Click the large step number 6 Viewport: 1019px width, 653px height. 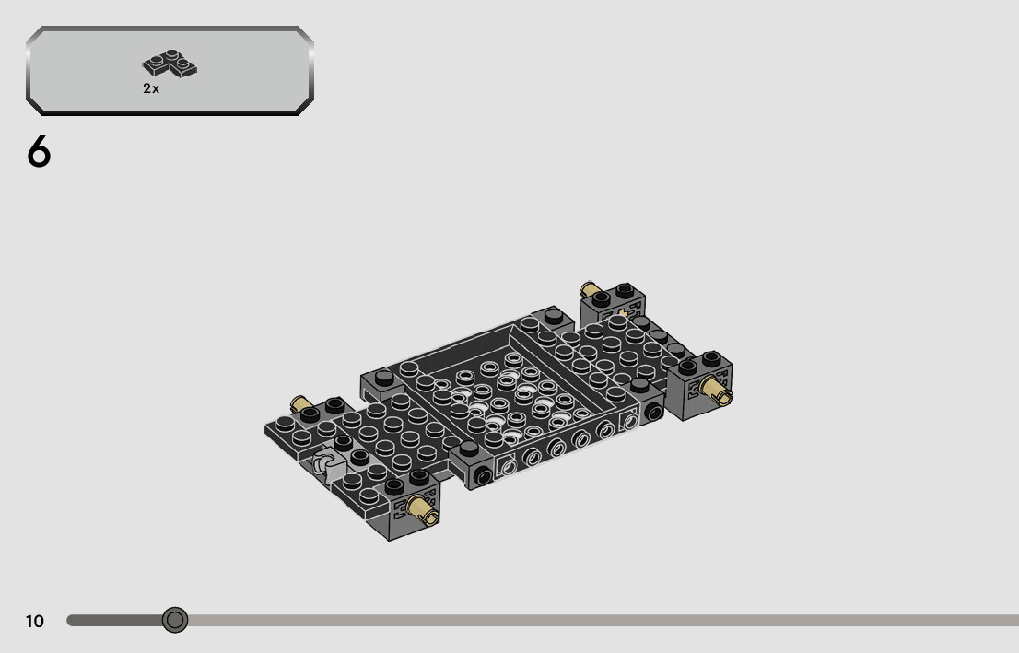coord(39,152)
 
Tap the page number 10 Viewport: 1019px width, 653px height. coord(35,621)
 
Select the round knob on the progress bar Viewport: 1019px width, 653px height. coord(175,620)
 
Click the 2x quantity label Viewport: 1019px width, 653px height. coord(151,88)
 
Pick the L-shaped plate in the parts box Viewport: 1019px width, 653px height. coord(170,64)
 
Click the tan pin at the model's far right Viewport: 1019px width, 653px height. coord(716,391)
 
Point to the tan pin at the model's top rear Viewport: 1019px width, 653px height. coord(590,289)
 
